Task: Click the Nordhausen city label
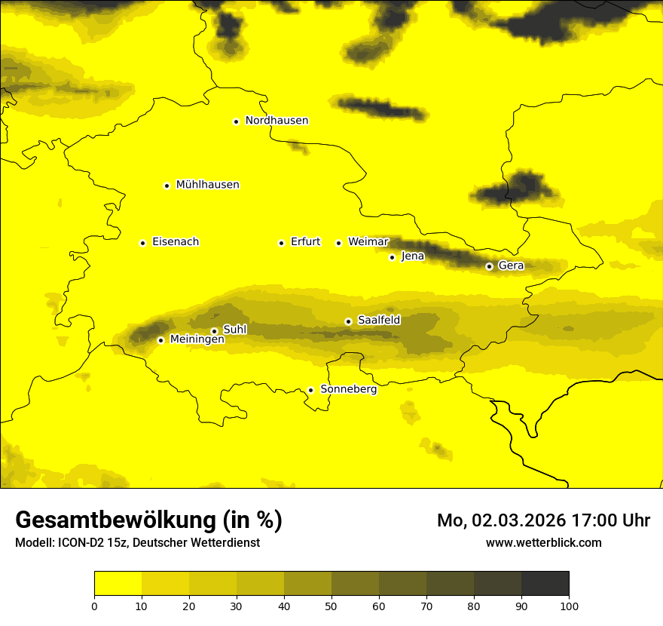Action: point(277,121)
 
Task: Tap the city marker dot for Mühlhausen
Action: point(167,186)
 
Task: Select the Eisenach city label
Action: point(176,242)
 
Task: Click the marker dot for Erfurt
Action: point(281,243)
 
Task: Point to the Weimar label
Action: point(368,242)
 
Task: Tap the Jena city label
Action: point(413,256)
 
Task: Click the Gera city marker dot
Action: point(489,266)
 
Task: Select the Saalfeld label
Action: point(379,321)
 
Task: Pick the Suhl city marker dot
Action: point(214,331)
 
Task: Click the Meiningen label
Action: point(197,340)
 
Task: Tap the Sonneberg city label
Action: point(349,390)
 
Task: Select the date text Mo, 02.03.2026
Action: point(498,520)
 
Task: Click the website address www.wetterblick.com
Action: point(544,543)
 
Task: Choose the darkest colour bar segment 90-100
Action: point(545,584)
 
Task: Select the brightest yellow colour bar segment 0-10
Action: point(118,584)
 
